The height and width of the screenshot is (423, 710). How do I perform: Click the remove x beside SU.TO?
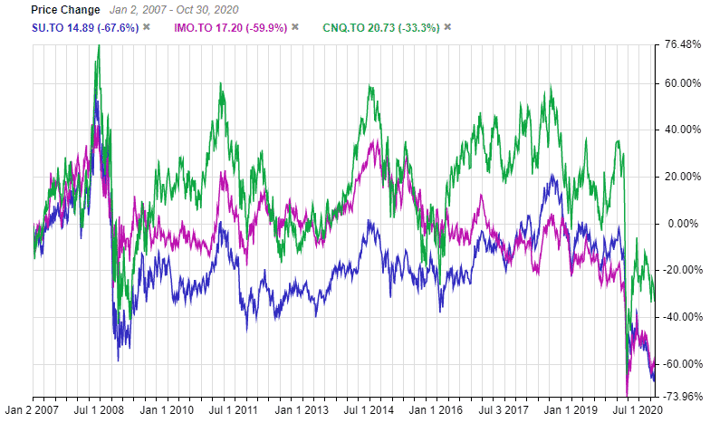click(x=146, y=27)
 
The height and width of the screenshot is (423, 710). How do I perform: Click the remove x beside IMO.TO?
click(x=294, y=27)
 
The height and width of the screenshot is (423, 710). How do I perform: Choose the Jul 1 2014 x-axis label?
click(x=369, y=411)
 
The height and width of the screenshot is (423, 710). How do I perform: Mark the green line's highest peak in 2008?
click(x=99, y=44)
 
